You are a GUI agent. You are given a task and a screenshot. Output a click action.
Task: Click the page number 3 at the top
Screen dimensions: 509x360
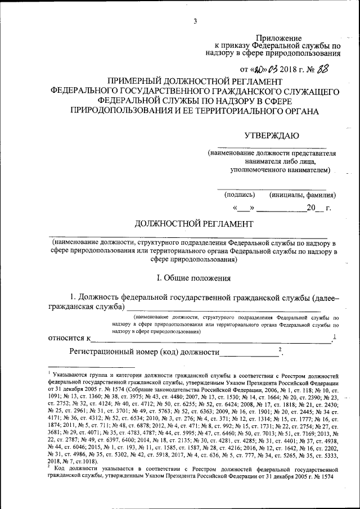point(195,21)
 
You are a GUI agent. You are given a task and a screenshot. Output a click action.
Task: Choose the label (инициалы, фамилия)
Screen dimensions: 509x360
point(303,195)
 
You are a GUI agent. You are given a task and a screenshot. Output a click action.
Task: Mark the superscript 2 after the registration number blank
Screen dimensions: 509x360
point(280,349)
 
